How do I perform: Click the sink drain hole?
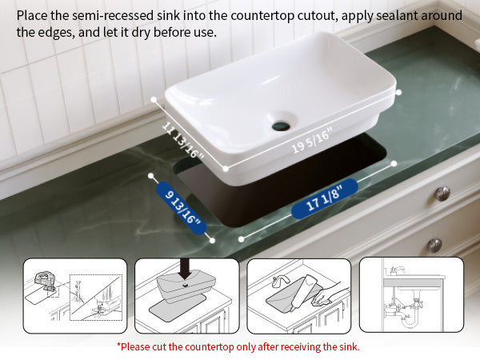click(281, 126)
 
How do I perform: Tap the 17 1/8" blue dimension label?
click(324, 199)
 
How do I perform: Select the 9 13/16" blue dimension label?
click(182, 208)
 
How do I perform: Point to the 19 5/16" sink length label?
click(312, 141)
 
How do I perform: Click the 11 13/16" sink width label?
click(182, 140)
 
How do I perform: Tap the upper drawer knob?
click(442, 194)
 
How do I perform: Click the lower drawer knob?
click(434, 246)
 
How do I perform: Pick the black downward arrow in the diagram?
click(186, 269)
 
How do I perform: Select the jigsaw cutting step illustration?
click(75, 296)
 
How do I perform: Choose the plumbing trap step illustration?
click(411, 294)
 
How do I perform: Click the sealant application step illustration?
click(298, 296)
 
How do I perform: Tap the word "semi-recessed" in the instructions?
click(113, 16)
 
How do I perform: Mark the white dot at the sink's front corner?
click(226, 168)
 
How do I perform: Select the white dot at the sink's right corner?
click(398, 92)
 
